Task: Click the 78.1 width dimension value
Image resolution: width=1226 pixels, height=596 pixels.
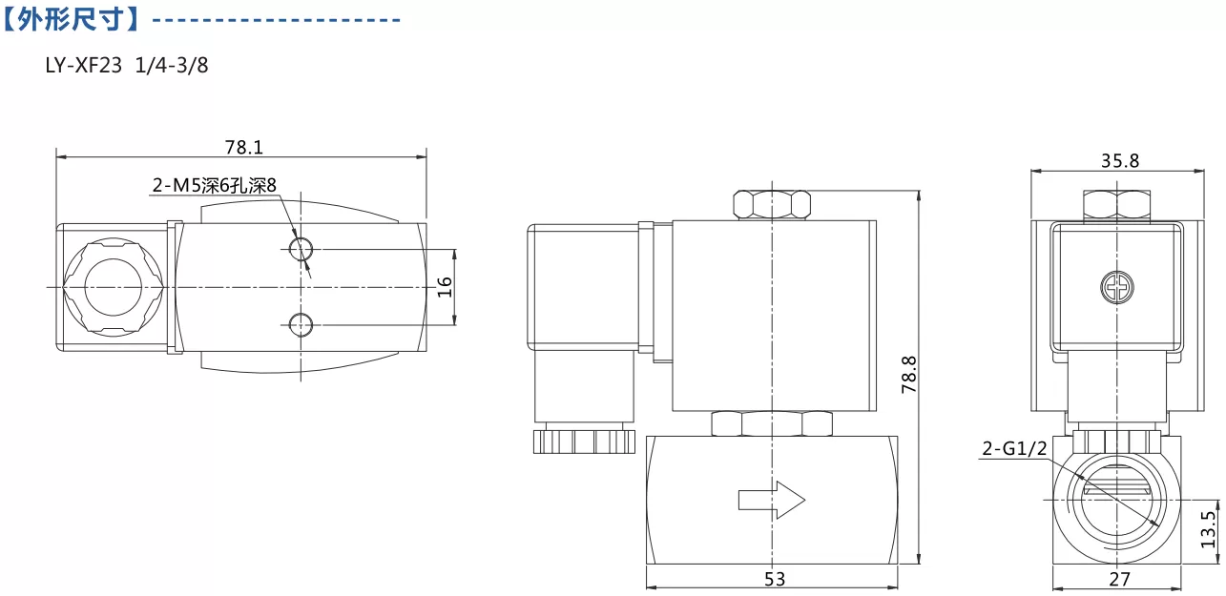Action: (x=243, y=147)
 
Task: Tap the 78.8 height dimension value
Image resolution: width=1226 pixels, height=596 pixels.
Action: (x=908, y=375)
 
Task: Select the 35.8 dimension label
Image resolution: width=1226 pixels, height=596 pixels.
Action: (x=1120, y=161)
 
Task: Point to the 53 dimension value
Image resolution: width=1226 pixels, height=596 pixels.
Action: (x=775, y=579)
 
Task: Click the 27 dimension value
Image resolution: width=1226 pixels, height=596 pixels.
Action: (x=1120, y=579)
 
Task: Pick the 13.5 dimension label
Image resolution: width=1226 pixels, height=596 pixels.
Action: (x=1208, y=528)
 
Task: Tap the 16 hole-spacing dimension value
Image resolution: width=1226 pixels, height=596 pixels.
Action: (x=445, y=287)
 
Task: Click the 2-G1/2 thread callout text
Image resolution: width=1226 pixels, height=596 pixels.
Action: (x=1014, y=449)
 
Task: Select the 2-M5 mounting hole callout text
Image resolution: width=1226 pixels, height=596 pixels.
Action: (x=215, y=186)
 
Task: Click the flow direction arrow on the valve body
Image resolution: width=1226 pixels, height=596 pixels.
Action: (x=772, y=500)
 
